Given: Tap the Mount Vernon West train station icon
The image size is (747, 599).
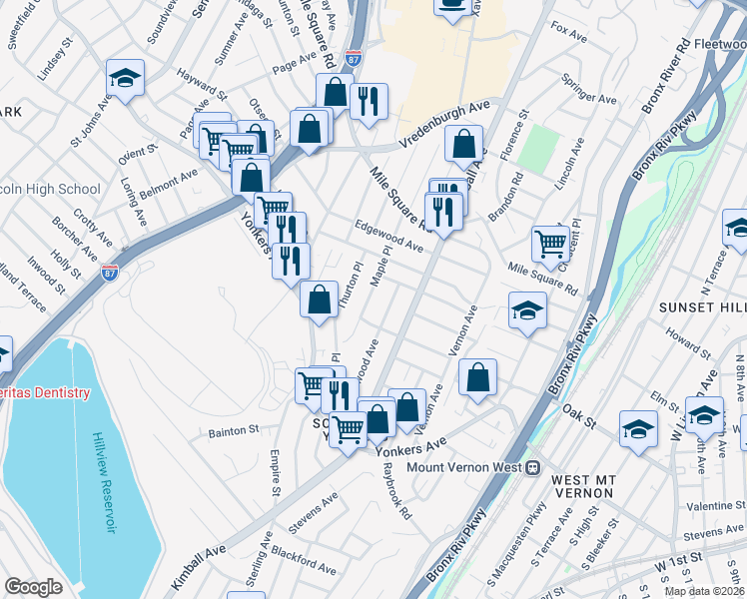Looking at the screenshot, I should [x=533, y=466].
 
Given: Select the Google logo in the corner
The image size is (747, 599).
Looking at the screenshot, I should [x=33, y=587].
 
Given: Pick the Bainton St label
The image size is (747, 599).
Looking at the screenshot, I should [x=234, y=432].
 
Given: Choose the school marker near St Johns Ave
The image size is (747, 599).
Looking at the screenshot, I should [x=126, y=78].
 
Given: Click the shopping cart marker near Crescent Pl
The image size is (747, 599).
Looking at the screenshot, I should [x=551, y=242].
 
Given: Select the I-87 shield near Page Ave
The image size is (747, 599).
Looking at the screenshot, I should [x=354, y=59].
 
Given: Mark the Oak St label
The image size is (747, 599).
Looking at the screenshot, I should [x=578, y=415].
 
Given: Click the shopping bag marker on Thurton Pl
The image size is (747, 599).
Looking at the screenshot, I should [x=319, y=299].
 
